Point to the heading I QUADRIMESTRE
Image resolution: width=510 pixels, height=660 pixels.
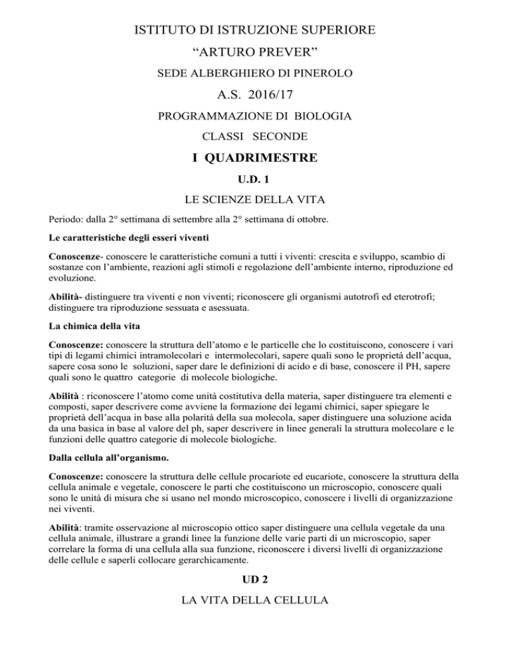tap(255, 159)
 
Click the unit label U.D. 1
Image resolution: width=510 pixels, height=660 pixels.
tap(255, 179)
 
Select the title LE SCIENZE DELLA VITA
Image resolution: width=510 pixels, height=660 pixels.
tap(255, 199)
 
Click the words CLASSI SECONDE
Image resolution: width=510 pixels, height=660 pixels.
tap(255, 137)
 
